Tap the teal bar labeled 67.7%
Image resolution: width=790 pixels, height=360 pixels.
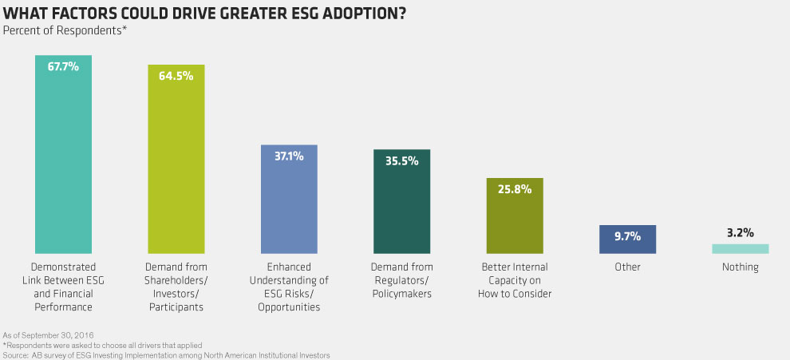(64, 160)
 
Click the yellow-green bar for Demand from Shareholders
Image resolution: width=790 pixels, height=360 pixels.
(176, 168)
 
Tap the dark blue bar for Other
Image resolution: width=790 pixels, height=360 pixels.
(627, 239)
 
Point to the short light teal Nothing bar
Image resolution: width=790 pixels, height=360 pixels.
(740, 248)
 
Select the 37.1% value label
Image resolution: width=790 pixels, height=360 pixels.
(289, 156)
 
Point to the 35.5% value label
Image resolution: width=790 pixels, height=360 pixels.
(401, 160)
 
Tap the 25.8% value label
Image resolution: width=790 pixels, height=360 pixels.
(515, 189)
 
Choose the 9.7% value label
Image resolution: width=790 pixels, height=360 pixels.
(627, 236)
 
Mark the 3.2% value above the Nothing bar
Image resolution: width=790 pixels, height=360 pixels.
(740, 233)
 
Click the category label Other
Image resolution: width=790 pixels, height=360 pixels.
(627, 267)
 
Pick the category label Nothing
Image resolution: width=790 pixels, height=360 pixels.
(740, 267)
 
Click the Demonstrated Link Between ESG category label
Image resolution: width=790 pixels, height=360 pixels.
(64, 280)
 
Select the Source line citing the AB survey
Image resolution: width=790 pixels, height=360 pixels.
(166, 354)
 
